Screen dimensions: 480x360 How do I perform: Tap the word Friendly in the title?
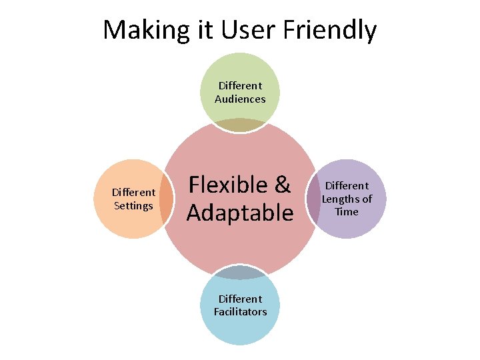[329, 30]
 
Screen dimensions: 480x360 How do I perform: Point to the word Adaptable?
[240, 213]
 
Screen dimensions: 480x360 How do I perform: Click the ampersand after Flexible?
[282, 185]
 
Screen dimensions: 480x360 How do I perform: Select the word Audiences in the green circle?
[240, 99]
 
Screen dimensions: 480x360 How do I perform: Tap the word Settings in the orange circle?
[133, 205]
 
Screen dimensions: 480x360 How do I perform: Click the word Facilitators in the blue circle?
[240, 311]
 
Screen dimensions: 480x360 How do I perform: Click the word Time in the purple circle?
[347, 211]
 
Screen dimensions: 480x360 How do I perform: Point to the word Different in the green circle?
[240, 85]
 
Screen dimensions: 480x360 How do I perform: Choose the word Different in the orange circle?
[133, 193]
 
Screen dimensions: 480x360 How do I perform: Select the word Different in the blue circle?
[240, 299]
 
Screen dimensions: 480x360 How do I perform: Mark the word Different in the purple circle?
[347, 185]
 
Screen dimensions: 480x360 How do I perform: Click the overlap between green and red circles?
[240, 125]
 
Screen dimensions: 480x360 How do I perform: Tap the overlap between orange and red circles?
[167, 199]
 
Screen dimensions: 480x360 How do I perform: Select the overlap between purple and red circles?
[313, 198]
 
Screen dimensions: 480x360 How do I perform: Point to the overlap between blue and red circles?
[240, 271]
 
